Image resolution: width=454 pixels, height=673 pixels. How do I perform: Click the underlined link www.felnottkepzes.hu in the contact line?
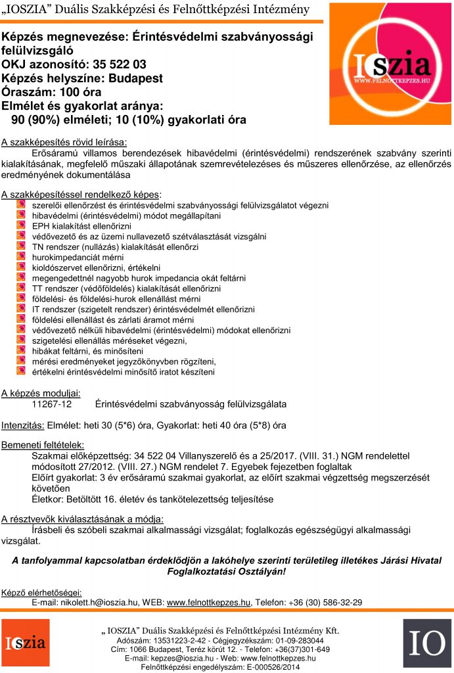coord(209,601)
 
